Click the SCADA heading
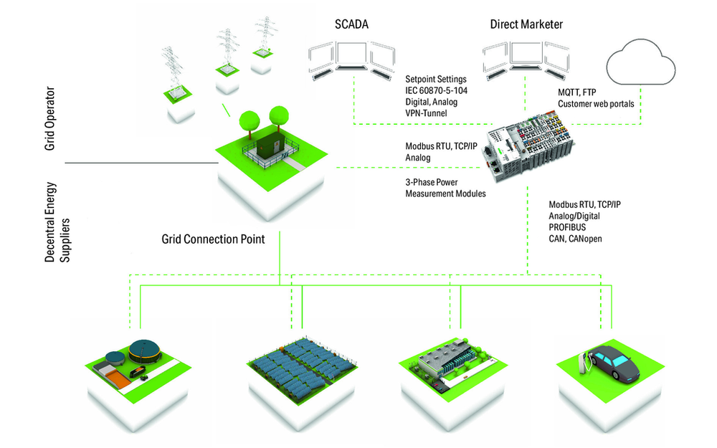click(x=351, y=24)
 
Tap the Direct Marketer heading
click(x=526, y=24)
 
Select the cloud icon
click(x=640, y=62)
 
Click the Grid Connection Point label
click(x=213, y=239)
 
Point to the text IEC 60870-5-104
click(x=436, y=90)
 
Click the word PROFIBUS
click(x=567, y=227)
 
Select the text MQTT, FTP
click(x=576, y=92)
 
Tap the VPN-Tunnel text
click(x=426, y=113)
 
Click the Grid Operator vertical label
click(x=49, y=118)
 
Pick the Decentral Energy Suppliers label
click(x=57, y=222)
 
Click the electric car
click(x=614, y=363)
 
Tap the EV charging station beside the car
click(x=584, y=363)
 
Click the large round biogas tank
click(x=145, y=351)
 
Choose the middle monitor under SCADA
click(x=351, y=56)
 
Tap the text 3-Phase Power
click(x=431, y=182)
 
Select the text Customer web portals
click(x=596, y=104)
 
